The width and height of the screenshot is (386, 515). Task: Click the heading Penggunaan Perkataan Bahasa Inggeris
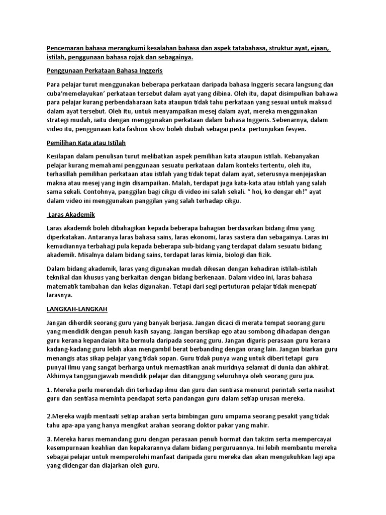pyautogui.click(x=104, y=70)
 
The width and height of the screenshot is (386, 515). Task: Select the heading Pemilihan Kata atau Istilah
pyautogui.click(x=86, y=142)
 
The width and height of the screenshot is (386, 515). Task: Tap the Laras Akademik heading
pyautogui.click(x=72, y=215)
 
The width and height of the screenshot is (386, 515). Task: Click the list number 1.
pyautogui.click(x=48, y=389)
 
